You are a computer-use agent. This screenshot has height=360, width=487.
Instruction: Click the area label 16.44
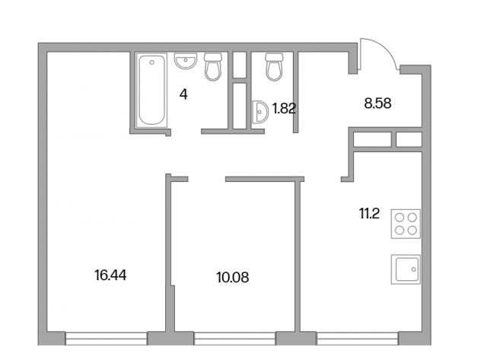point(110,276)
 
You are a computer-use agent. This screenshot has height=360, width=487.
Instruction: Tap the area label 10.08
point(233,277)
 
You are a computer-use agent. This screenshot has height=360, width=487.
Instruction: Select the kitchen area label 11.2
point(369,213)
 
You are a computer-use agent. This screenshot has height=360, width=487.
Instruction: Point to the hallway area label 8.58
point(377,103)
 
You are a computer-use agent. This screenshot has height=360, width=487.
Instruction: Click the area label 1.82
point(284,108)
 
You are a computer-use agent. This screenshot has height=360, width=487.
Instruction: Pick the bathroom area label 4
point(183,94)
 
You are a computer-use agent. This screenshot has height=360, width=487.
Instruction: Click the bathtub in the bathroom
point(152,90)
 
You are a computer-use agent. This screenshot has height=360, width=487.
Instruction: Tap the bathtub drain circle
point(152,62)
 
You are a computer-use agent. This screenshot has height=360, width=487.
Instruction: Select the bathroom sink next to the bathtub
point(186,61)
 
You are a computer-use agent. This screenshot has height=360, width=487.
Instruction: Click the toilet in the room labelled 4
point(213,67)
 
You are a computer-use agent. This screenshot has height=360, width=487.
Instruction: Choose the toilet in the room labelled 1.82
point(275,67)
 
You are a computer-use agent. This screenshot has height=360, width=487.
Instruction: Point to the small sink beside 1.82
point(260,112)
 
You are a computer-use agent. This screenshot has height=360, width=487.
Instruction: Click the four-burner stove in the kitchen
point(406,224)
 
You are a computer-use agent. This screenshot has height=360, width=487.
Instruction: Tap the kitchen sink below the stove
point(406,269)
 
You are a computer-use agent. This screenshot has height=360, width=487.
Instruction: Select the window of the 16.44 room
point(107,339)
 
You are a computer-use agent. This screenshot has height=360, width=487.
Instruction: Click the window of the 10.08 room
point(235,339)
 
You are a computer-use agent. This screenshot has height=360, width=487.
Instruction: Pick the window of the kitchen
point(357,339)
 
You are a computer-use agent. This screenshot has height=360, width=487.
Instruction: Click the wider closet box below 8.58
point(372,139)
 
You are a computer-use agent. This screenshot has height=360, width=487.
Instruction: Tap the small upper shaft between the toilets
point(240,65)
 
